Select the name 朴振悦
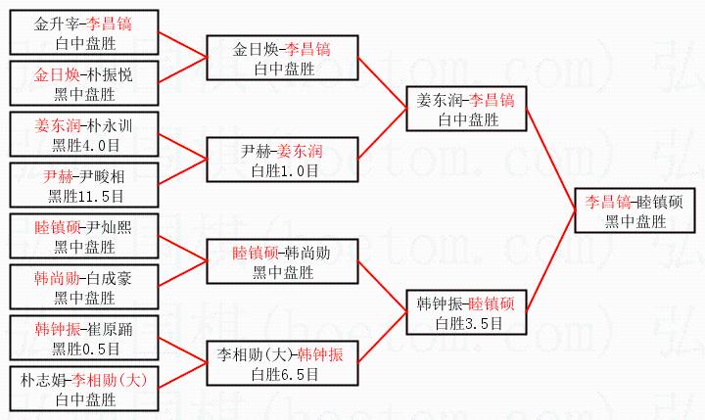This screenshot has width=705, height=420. tap(108, 74)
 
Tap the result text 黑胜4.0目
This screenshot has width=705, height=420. tap(83, 145)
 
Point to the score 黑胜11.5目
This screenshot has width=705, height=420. tap(83, 196)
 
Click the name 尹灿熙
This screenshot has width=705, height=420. tap(108, 227)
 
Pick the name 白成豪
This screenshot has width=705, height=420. tap(108, 278)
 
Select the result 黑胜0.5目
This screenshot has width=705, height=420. tap(83, 349)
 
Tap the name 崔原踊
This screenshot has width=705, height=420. tap(108, 329)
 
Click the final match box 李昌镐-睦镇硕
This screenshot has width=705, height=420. tap(634, 211)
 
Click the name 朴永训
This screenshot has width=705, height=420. tap(108, 125)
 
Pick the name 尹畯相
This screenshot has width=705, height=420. tap(108, 176)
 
